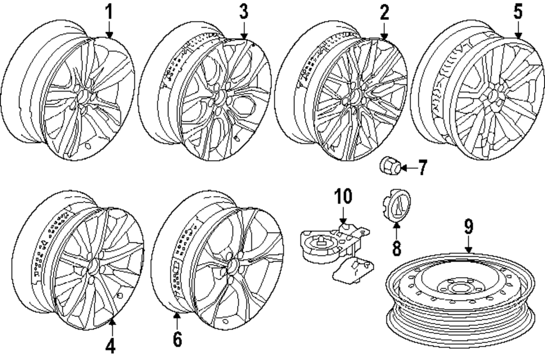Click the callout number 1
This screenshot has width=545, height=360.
(109, 11)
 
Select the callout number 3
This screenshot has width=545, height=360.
(244, 11)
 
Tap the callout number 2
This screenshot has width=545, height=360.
(384, 11)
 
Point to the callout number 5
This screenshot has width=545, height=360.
(517, 11)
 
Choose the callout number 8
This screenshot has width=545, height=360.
(396, 248)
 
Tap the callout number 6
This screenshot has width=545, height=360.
(177, 338)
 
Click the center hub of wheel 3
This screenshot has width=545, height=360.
(221, 99)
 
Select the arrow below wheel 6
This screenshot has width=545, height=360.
(177, 321)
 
